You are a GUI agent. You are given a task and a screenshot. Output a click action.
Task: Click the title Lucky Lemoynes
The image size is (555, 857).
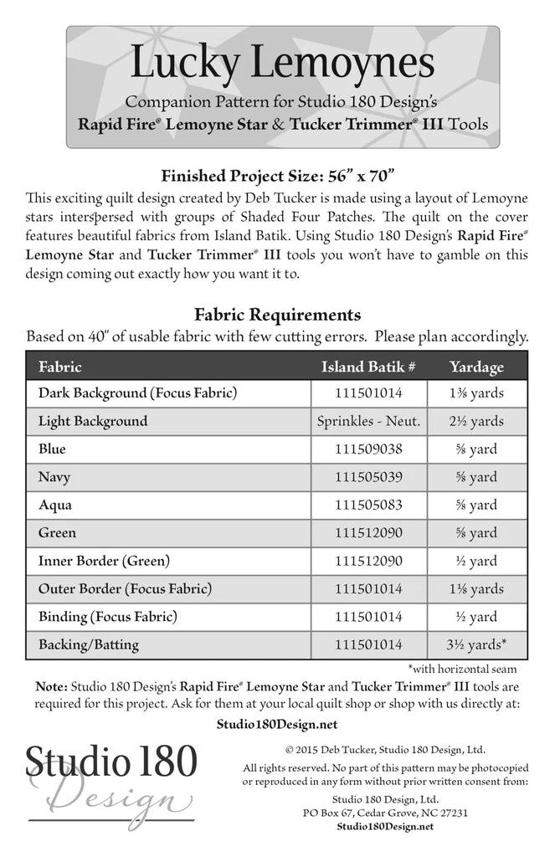coord(282,64)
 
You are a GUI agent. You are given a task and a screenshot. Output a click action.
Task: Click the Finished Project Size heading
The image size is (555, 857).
coord(277,176)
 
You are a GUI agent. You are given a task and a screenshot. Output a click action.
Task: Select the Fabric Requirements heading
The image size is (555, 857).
coord(277,315)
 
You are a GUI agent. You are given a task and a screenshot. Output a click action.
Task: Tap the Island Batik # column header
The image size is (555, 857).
coord(368,367)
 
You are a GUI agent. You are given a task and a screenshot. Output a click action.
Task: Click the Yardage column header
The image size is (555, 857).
coord(476,367)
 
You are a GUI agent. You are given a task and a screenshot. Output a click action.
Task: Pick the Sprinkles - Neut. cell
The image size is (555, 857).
coord(368,421)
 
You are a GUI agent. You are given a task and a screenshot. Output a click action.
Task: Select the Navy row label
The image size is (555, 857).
coord(54,477)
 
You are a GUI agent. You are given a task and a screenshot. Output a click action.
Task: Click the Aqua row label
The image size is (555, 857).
coord(55,505)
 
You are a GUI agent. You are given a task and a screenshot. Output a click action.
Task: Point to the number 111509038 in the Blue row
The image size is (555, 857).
coord(368,449)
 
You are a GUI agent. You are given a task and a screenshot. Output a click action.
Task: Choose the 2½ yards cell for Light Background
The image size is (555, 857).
coord(476,421)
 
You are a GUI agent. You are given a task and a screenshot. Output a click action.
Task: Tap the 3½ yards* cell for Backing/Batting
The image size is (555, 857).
coord(476,644)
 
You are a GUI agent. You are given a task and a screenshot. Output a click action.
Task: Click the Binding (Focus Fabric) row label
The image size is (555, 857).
coord(107,617)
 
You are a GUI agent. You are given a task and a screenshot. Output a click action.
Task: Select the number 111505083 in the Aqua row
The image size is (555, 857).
coord(368,505)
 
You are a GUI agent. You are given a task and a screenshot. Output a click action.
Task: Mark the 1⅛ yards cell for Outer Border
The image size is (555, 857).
coord(476,588)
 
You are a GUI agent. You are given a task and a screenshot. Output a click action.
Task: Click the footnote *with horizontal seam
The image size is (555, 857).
coord(462,669)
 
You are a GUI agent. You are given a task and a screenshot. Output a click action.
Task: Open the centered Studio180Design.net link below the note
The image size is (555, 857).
coord(276,724)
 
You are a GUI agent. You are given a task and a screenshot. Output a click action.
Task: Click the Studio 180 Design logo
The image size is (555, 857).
coord(110,783)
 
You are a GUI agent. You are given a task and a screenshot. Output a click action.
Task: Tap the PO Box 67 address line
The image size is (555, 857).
coord(385,812)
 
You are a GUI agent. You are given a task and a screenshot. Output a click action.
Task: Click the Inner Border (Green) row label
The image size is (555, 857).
coord(103,561)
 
